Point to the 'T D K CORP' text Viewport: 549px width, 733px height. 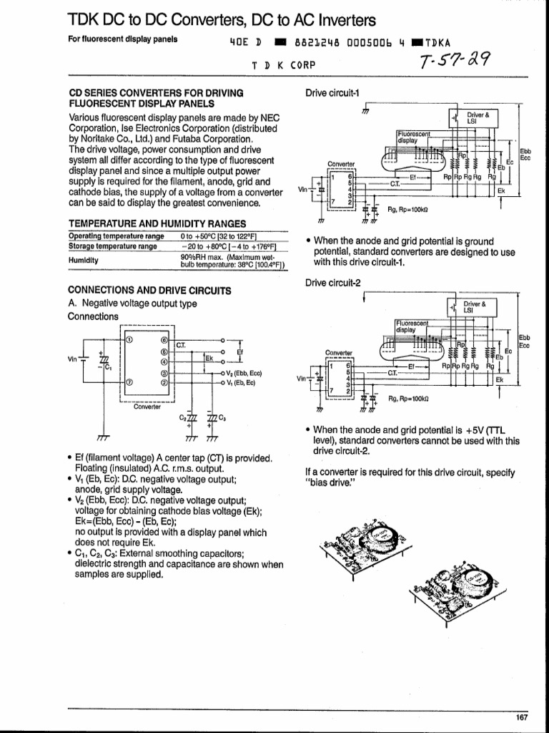[x=283, y=64]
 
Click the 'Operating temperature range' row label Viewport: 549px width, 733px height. [x=116, y=236]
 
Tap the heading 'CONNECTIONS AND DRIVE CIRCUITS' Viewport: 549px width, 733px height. [x=149, y=291]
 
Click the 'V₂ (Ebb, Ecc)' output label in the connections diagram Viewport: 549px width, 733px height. [x=244, y=373]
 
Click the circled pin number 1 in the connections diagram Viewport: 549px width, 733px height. [x=129, y=340]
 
